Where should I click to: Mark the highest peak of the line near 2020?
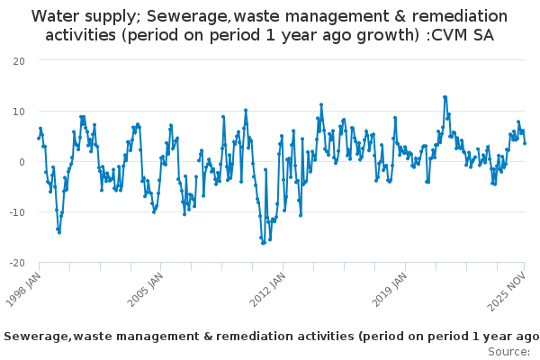(445, 97)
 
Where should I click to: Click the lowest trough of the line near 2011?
(263, 243)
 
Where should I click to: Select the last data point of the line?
(525, 143)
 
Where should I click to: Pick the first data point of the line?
(39, 138)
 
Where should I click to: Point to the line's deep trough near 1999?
(59, 232)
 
